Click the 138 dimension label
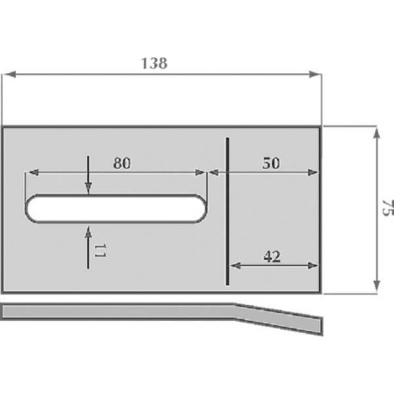[x=154, y=64]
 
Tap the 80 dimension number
[x=122, y=163]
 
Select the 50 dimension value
[x=271, y=163]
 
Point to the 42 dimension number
[x=272, y=256]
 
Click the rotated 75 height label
[x=388, y=207]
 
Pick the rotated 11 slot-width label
[x=99, y=251]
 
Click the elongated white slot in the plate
[x=116, y=208]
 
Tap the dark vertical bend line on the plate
[x=228, y=211]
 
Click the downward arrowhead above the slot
[x=88, y=188]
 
